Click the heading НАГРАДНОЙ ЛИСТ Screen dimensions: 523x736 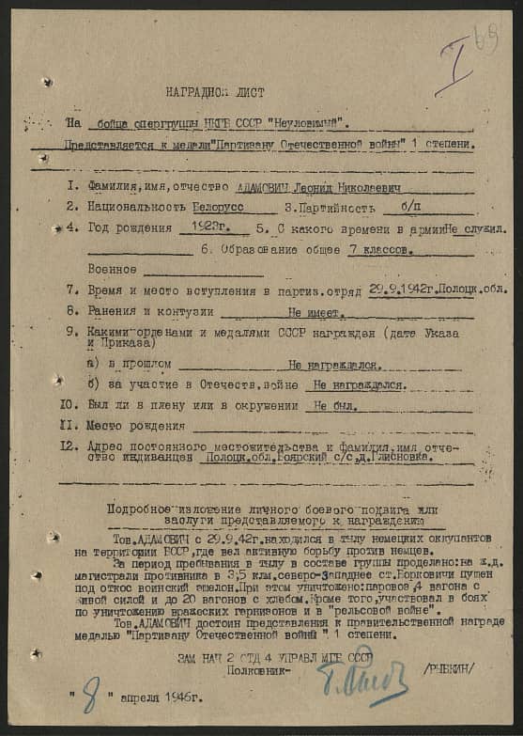[215, 93]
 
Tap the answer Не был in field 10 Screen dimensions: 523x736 [335, 405]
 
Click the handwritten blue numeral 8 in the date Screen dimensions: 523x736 [90, 698]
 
